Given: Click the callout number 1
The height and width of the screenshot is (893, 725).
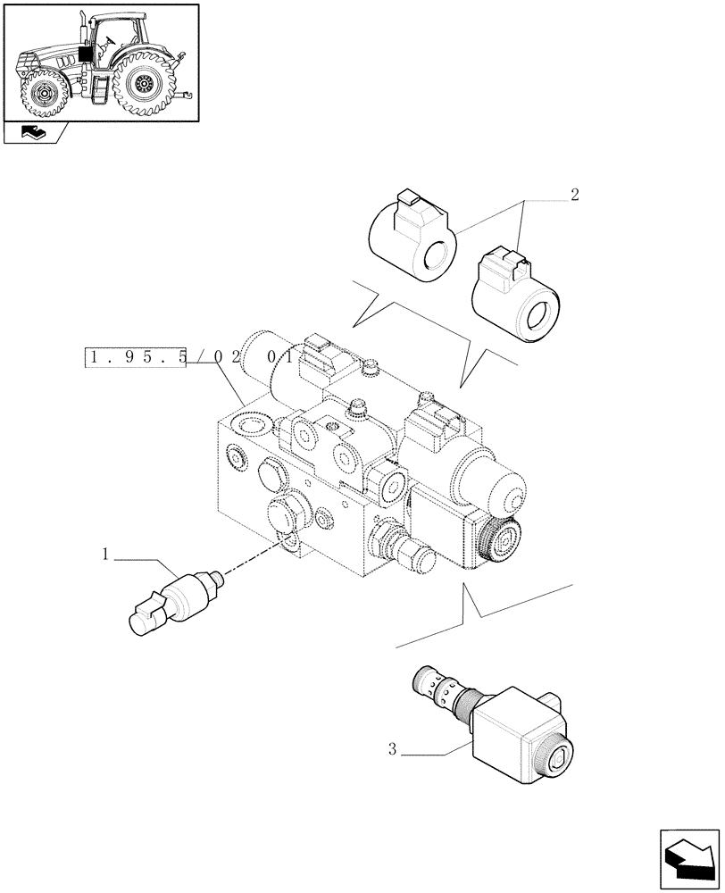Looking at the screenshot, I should (105, 555).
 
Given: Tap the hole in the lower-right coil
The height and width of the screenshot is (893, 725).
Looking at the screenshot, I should (540, 315).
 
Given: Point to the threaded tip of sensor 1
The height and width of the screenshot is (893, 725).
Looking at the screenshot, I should (217, 580).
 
